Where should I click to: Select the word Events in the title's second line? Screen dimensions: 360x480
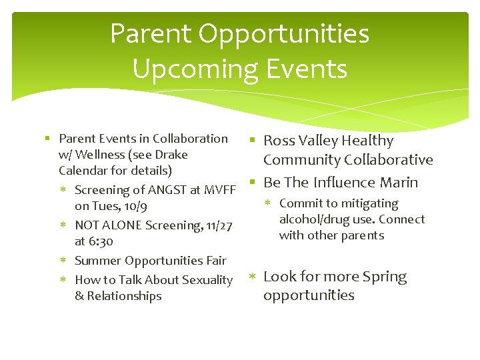pos(313,69)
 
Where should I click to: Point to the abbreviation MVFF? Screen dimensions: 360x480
pos(219,191)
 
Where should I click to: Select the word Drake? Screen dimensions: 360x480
pos(172,155)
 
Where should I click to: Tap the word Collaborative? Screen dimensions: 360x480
pos(389,160)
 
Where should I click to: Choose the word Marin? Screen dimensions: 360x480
pos(399,183)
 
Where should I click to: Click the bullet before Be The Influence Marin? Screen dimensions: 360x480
pos(253,181)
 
